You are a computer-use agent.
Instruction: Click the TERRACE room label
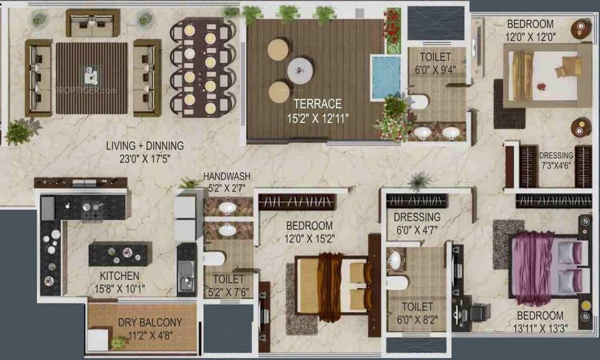pos(317,103)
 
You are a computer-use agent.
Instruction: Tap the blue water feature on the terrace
pos(385,77)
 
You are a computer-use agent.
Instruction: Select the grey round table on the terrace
pos(300,71)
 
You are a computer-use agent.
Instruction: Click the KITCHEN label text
pos(120,276)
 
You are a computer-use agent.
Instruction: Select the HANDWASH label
pos(227,177)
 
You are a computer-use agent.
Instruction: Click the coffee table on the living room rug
pos(91,76)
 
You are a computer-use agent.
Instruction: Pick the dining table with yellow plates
pos(200,68)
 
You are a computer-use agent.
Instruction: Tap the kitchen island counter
pos(120,254)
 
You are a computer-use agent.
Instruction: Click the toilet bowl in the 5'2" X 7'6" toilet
pos(214,258)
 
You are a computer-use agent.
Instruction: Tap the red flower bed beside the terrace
pos(392,30)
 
